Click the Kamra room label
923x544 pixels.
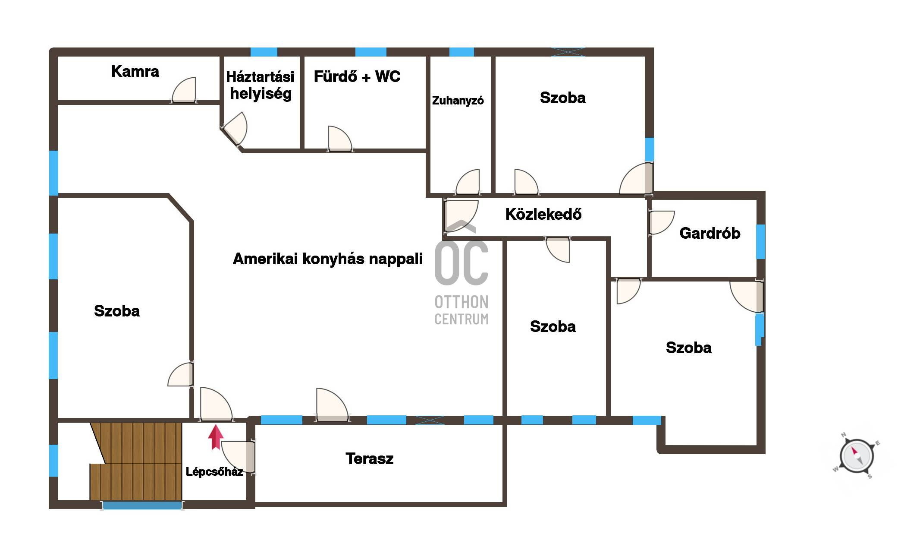click(135, 71)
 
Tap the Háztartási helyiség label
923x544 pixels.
click(260, 85)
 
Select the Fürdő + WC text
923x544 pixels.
click(357, 76)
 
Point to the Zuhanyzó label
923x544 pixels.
click(458, 101)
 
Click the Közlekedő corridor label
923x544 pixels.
click(543, 214)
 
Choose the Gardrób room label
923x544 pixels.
click(710, 233)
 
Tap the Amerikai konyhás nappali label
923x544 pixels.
click(328, 259)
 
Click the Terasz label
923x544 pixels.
click(370, 459)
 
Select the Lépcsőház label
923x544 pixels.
click(214, 472)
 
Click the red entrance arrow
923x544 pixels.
click(216, 437)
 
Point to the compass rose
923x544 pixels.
click(857, 456)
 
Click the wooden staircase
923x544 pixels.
click(136, 461)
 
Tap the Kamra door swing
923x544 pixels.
click(184, 90)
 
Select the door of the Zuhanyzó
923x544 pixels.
click(468, 182)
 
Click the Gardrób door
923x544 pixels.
click(661, 223)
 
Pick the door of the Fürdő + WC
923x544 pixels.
click(340, 139)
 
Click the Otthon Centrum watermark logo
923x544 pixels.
click(461, 272)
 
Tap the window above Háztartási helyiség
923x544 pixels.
click(264, 52)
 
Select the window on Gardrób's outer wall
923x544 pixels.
click(761, 242)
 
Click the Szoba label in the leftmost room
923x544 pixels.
click(117, 311)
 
